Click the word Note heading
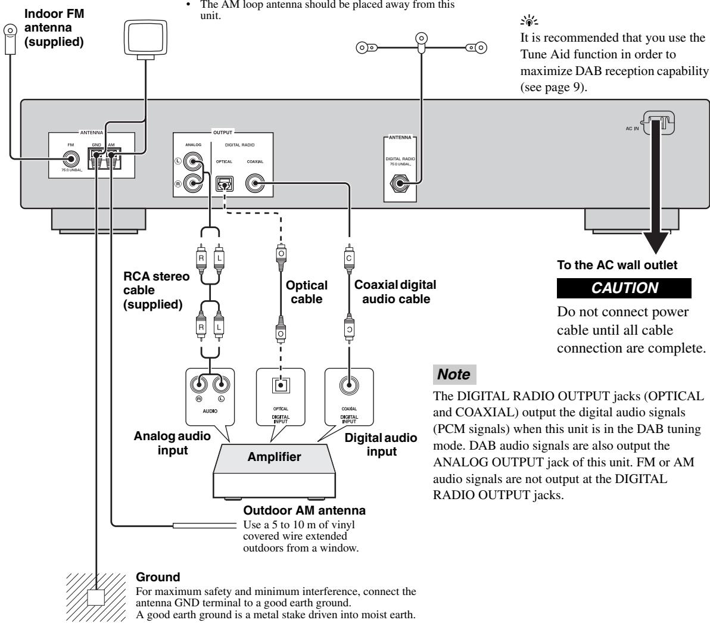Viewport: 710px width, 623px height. [454, 374]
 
